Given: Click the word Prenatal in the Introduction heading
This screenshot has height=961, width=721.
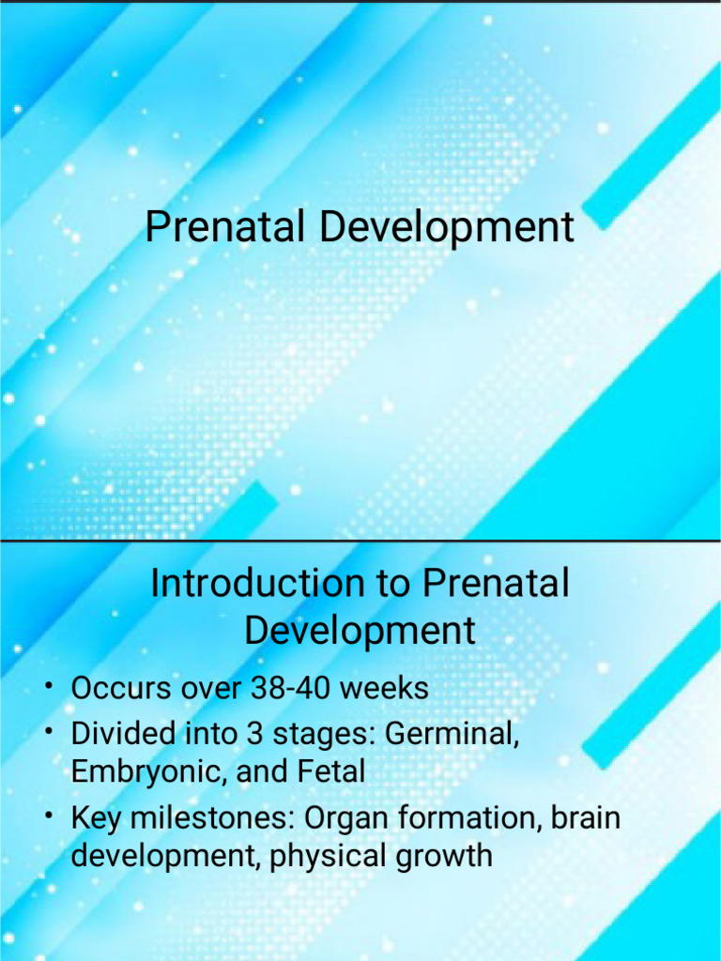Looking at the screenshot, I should click(x=496, y=584).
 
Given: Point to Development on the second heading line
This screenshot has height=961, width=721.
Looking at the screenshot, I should click(x=360, y=631).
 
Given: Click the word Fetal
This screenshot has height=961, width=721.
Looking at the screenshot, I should click(x=330, y=772).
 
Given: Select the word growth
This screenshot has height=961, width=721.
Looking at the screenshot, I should click(x=446, y=856).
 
